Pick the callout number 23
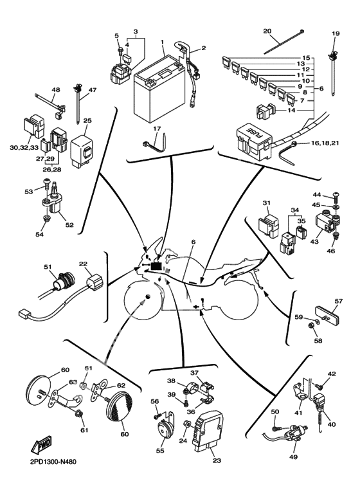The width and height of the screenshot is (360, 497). click(217, 460)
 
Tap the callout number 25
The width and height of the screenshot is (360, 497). click(87, 121)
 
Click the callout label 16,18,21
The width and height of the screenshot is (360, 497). click(325, 143)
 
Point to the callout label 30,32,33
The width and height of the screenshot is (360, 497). click(24, 148)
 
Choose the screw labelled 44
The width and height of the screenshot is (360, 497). click(336, 199)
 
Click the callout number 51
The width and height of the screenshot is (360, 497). click(48, 267)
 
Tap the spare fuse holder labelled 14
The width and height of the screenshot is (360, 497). click(266, 112)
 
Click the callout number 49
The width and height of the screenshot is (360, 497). click(293, 456)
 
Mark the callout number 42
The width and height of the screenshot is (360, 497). click(332, 374)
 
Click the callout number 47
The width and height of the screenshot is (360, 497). click(92, 90)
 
